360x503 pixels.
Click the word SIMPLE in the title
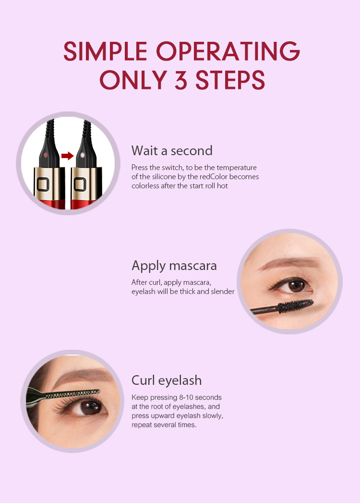point(105,51)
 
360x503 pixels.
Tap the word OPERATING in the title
point(228,51)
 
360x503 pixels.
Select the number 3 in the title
point(180,80)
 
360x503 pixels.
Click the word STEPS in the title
point(230,80)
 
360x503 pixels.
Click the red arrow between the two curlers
point(67,156)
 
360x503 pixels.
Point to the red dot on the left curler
point(46,155)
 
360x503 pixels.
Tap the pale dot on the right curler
point(83,155)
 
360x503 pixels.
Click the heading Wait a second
point(172,150)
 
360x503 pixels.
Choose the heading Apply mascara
point(174,266)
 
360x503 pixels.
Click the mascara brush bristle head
point(295,307)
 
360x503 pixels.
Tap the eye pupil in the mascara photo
point(296,285)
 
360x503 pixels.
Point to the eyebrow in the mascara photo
point(288,264)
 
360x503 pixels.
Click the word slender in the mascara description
point(222,291)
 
